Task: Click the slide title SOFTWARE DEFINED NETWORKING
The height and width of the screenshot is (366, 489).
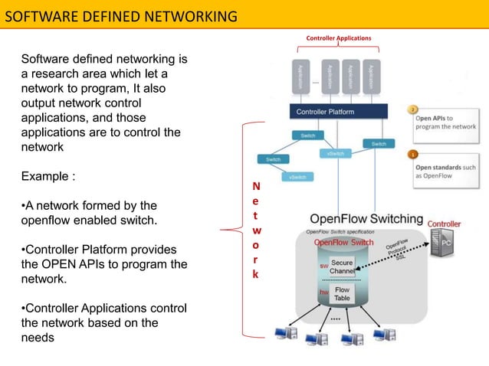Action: (x=121, y=15)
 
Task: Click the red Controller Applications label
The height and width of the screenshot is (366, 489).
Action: (x=338, y=38)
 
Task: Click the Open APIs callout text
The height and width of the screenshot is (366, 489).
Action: (x=445, y=123)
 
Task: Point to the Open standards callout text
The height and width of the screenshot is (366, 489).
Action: (x=445, y=171)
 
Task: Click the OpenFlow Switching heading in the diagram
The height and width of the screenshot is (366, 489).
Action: (x=366, y=218)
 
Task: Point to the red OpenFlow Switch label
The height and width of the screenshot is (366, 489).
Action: (x=344, y=243)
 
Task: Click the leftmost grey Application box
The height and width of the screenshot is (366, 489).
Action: (x=301, y=78)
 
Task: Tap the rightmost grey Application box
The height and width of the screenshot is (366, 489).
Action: (x=371, y=78)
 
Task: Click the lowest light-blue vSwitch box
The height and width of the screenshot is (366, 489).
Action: (x=296, y=177)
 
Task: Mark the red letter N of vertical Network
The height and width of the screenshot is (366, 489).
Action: (x=256, y=186)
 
